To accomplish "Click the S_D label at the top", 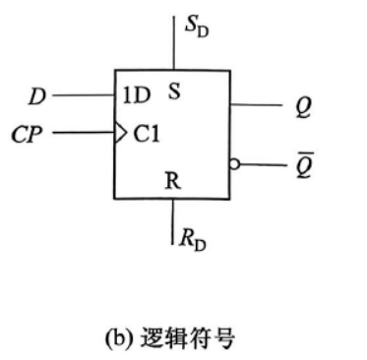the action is click(197, 28).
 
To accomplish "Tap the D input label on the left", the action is click(36, 96).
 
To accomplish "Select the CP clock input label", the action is click(27, 135).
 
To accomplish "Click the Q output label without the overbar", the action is click(303, 107).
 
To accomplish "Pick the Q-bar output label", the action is click(305, 165).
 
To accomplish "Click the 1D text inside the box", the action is click(136, 95).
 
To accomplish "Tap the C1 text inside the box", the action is click(147, 134).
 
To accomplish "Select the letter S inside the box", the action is click(174, 91).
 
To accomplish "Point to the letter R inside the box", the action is click(172, 181).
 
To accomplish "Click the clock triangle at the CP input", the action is click(120, 133).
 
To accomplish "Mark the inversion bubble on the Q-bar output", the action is click(235, 164).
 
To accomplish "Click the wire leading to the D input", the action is click(84, 95).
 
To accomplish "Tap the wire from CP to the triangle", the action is click(85, 133).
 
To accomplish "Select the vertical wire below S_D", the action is click(174, 42).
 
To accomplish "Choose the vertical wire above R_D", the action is click(172, 221).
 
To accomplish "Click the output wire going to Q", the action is click(256, 105).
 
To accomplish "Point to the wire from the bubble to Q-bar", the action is click(263, 164).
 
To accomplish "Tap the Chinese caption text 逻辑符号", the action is click(188, 338).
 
